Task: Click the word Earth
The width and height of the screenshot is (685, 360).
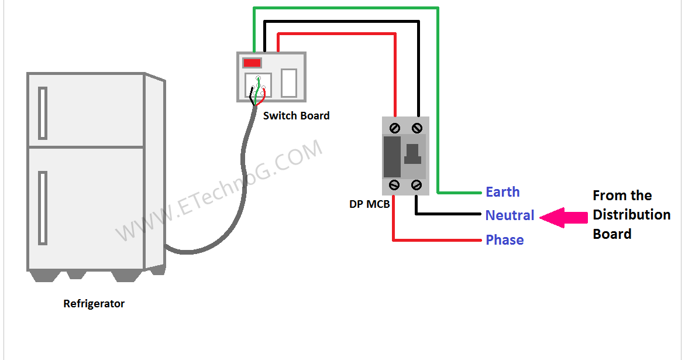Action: pyautogui.click(x=502, y=192)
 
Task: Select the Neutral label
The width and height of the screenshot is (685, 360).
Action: pyautogui.click(x=510, y=215)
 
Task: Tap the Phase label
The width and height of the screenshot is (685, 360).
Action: pyautogui.click(x=504, y=240)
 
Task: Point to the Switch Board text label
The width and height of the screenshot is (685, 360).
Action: pyautogui.click(x=296, y=116)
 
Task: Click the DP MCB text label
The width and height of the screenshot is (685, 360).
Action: pyautogui.click(x=369, y=205)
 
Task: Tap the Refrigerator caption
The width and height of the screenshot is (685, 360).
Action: pyautogui.click(x=94, y=304)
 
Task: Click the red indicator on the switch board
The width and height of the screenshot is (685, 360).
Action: pyautogui.click(x=252, y=63)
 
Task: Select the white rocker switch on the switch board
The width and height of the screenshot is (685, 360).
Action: pyautogui.click(x=289, y=83)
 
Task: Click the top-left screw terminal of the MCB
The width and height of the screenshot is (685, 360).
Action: pyautogui.click(x=395, y=127)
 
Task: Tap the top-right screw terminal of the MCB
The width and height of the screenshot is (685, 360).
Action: pyautogui.click(x=416, y=127)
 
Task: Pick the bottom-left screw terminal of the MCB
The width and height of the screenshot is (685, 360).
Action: pyautogui.click(x=395, y=185)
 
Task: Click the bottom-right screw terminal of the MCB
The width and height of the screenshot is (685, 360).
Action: pyautogui.click(x=416, y=185)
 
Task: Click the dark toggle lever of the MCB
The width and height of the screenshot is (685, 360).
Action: pyautogui.click(x=413, y=153)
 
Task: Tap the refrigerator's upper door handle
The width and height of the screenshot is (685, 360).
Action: pyautogui.click(x=43, y=113)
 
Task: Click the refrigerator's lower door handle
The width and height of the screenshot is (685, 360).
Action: pyautogui.click(x=43, y=208)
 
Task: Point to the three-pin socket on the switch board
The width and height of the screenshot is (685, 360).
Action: pyautogui.click(x=258, y=85)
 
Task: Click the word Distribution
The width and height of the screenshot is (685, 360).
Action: pyautogui.click(x=631, y=215)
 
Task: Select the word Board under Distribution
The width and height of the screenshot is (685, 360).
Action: pyautogui.click(x=612, y=234)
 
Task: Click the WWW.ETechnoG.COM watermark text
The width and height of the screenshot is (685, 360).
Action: pyautogui.click(x=219, y=191)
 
